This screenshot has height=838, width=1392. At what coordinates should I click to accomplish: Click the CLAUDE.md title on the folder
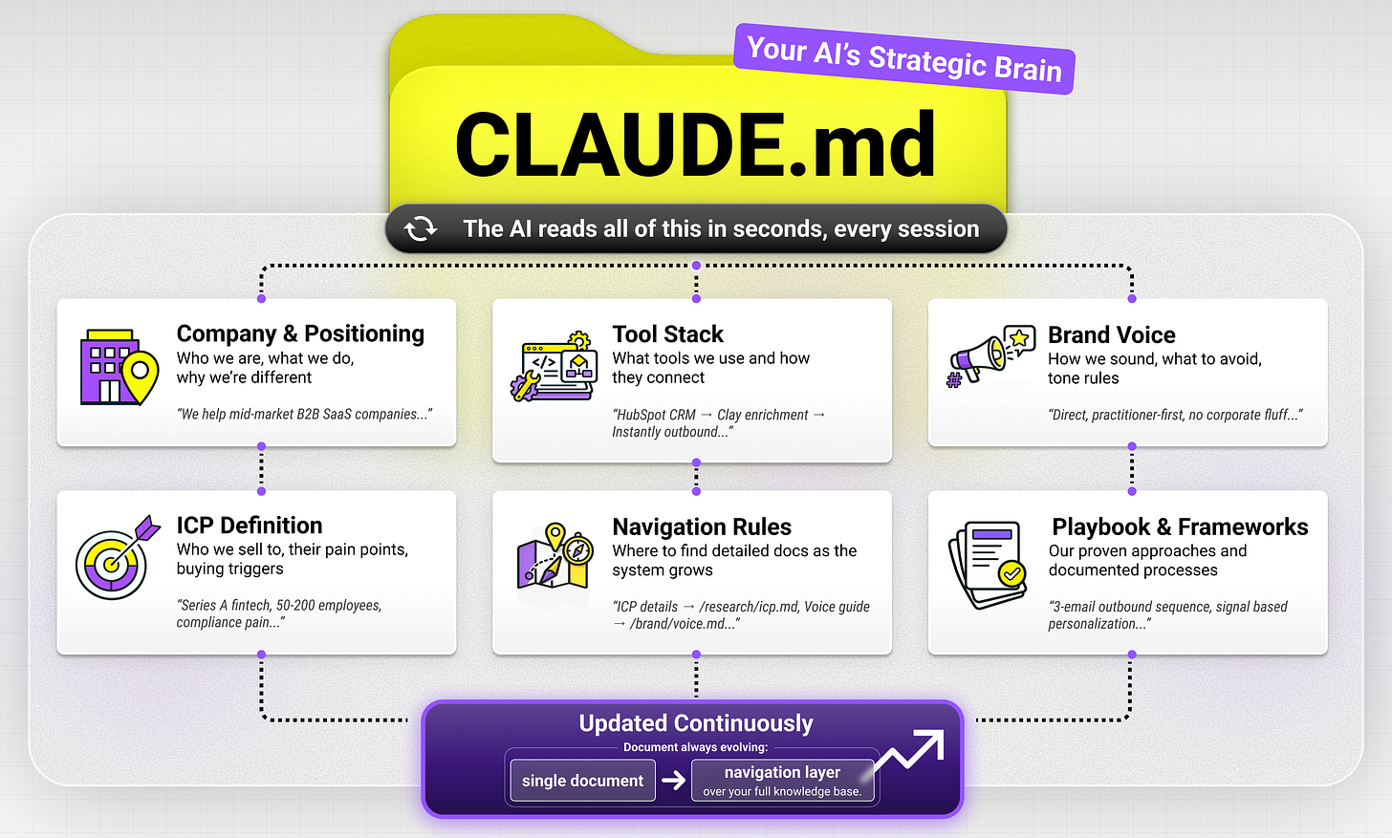695,144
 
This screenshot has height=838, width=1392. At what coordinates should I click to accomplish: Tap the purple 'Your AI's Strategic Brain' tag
903,59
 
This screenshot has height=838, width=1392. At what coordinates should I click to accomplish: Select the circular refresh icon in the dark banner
421,229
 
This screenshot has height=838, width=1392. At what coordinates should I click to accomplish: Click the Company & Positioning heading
300,333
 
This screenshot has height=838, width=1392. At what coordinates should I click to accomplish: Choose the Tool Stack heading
667,334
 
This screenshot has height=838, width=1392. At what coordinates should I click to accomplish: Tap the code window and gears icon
555,367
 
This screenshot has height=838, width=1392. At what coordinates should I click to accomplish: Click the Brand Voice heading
1111,334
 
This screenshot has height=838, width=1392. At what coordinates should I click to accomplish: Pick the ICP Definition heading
249,526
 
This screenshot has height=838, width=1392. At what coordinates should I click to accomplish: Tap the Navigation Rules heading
702,527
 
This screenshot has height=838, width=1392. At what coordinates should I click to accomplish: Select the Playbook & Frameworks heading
1180,527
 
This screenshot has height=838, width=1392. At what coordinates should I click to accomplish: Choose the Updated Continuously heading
695,723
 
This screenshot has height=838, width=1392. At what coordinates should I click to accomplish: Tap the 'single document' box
582,781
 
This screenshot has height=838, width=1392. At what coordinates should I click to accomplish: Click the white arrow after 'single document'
674,781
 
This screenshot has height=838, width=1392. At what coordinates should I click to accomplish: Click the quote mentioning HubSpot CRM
718,423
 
